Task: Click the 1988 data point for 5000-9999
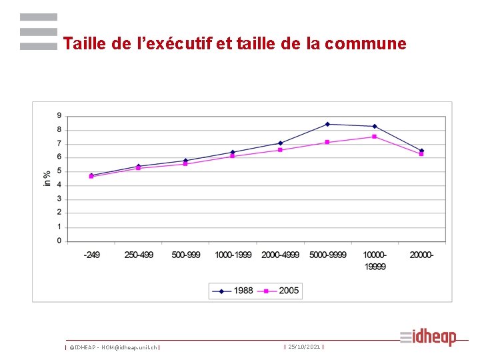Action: [x=327, y=124]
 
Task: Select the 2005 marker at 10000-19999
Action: [x=374, y=137]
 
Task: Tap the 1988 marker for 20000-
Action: [x=421, y=151]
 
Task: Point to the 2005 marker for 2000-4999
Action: [x=280, y=150]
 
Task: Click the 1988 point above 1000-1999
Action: [x=233, y=152]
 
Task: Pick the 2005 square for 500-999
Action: [x=185, y=164]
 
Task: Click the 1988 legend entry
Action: [x=233, y=291]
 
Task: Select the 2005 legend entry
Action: [x=278, y=291]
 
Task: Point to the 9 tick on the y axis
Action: [x=59, y=116]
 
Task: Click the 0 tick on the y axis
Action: [x=59, y=241]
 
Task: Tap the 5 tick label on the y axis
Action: [x=59, y=171]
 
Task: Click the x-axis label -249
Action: [x=91, y=255]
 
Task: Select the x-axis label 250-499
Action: [x=139, y=255]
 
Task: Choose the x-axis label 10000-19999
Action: [x=375, y=261]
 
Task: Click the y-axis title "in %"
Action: [x=47, y=179]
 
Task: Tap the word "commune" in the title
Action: [x=365, y=44]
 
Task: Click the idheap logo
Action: [x=428, y=337]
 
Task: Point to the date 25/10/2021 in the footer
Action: [x=304, y=347]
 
